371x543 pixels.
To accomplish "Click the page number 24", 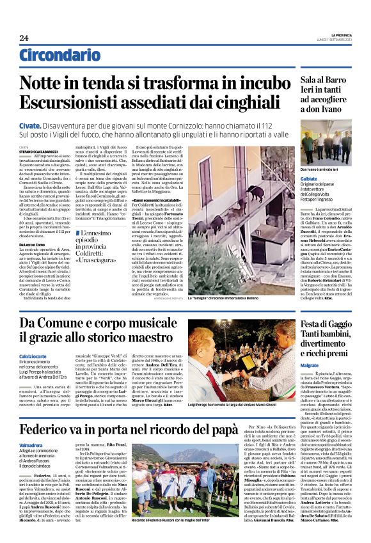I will coord(24,38).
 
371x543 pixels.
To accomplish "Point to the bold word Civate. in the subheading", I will coord(30,126).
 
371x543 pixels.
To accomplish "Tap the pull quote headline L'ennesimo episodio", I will coord(103,239).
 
